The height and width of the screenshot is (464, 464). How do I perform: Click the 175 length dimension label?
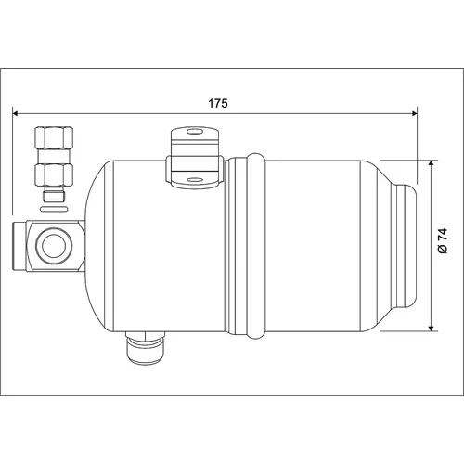(218, 103)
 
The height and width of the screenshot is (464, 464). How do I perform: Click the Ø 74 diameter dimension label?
(443, 241)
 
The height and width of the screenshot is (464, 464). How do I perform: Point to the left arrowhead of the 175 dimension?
(16, 113)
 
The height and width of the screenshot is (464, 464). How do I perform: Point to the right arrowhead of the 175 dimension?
(414, 113)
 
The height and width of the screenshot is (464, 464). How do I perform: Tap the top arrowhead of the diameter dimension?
(431, 163)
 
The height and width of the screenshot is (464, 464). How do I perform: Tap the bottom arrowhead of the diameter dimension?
(431, 328)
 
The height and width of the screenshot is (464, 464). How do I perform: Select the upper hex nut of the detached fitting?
(54, 137)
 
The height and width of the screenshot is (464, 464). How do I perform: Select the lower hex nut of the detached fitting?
(54, 174)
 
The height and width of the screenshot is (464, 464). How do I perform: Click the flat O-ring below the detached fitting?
(54, 209)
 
